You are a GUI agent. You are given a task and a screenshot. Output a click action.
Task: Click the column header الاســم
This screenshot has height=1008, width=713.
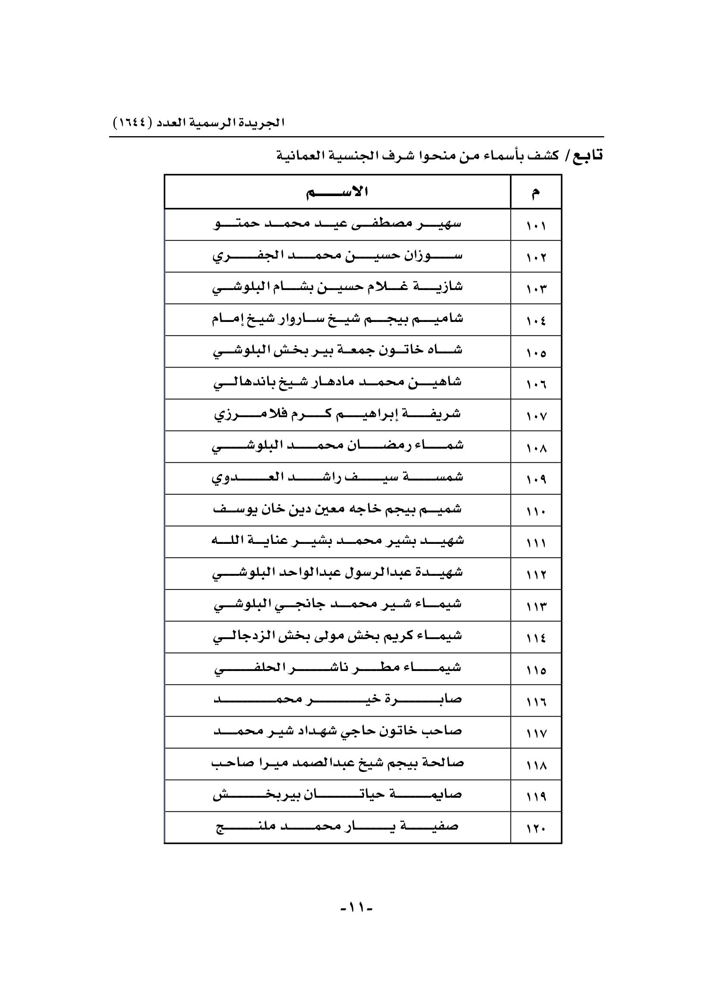tap(337, 192)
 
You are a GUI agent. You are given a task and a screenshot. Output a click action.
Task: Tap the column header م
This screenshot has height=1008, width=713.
tap(536, 192)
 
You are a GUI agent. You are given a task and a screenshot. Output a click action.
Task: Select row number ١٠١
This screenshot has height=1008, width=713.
tap(536, 226)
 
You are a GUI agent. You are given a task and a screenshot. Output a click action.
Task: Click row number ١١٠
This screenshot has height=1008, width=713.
tap(536, 511)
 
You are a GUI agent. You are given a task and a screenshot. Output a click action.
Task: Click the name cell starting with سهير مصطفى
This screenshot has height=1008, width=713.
tap(337, 225)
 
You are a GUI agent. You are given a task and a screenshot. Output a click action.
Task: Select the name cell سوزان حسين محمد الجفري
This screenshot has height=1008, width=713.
tap(337, 256)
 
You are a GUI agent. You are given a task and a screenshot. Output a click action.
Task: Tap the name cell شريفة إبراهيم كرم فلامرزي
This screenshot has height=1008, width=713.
tap(337, 415)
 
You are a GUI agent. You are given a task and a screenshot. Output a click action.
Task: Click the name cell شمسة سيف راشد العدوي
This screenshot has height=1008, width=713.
tap(337, 478)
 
